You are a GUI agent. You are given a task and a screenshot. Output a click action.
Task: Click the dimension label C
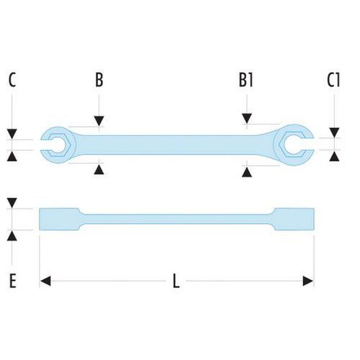click(12, 80)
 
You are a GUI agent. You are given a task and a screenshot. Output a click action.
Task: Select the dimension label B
click(99, 80)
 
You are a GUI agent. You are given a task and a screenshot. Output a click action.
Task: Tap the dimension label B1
click(246, 80)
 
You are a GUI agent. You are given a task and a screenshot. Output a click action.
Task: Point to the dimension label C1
click(333, 80)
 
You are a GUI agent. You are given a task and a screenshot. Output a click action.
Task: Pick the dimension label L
click(176, 281)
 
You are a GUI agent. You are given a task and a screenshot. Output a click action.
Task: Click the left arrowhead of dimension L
click(45, 281)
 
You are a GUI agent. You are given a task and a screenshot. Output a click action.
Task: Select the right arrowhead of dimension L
click(308, 281)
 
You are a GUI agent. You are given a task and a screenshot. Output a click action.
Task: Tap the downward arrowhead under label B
click(99, 121)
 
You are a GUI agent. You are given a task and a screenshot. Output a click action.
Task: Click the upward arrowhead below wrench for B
click(99, 169)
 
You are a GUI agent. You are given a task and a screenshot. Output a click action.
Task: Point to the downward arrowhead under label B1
click(247, 119)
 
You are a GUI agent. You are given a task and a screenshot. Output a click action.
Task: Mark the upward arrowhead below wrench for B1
click(247, 172)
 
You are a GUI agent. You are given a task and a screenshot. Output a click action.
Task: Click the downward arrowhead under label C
click(12, 134)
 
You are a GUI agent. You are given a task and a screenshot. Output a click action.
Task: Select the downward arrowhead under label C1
click(334, 132)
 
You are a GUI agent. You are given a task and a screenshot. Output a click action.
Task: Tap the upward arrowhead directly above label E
click(12, 236)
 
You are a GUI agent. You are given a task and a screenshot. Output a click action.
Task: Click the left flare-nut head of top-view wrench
click(58, 145)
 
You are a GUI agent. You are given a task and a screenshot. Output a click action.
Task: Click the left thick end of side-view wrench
click(60, 219)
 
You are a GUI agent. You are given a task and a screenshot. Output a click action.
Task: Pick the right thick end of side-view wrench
click(293, 219)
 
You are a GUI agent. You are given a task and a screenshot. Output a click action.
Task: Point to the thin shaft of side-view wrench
click(177, 219)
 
